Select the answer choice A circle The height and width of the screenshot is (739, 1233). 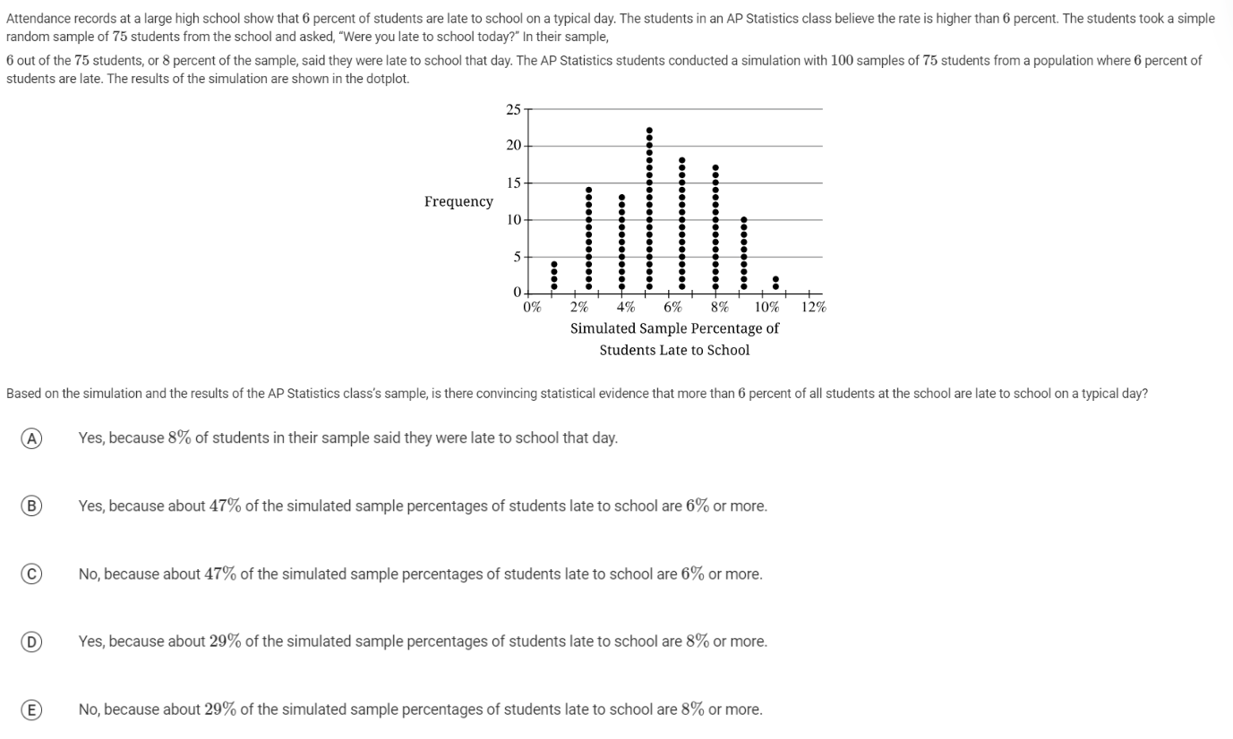[31, 437]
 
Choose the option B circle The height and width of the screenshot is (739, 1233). [31, 505]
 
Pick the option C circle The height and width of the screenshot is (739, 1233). [31, 573]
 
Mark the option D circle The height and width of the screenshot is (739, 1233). [31, 641]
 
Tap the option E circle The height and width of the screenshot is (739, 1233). [31, 709]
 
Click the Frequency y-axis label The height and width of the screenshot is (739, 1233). [458, 201]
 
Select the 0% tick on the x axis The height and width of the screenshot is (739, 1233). [532, 307]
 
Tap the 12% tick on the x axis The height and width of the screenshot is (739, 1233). [813, 307]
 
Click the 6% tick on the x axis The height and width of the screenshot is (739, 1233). [672, 307]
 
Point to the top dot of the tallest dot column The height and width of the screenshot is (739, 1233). [650, 131]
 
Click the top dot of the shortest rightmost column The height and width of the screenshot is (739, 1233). [775, 279]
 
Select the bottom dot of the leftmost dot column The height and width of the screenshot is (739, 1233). [554, 286]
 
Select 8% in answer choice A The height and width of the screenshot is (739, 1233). [180, 437]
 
